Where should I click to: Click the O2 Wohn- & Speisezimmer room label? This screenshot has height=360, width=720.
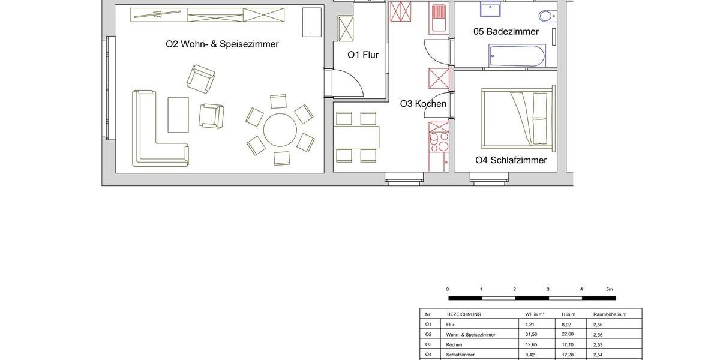click(222, 44)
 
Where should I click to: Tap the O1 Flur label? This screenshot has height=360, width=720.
click(363, 55)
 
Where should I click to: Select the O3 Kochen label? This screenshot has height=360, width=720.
click(423, 104)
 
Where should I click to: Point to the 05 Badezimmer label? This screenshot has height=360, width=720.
click(506, 31)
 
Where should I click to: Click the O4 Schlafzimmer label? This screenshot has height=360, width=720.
click(511, 160)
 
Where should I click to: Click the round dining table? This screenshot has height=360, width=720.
click(280, 130)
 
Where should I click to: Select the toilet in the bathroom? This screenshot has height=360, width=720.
click(547, 16)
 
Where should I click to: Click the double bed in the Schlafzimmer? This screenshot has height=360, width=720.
click(517, 117)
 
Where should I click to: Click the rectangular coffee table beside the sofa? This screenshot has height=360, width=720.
click(178, 115)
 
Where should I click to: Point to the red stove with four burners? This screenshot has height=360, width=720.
click(439, 143)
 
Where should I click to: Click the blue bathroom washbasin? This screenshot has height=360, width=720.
click(490, 8)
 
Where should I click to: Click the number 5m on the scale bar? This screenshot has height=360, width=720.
click(609, 289)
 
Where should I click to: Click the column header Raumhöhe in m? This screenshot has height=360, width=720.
click(610, 314)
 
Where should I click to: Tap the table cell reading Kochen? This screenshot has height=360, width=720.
click(454, 344)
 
